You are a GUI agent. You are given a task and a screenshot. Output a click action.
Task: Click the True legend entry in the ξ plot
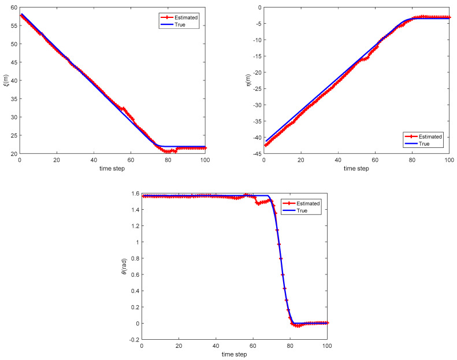(x=181, y=25)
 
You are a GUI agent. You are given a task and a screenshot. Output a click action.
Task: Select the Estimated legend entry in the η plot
(x=430, y=136)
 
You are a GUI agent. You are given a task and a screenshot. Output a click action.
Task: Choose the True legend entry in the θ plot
(x=303, y=211)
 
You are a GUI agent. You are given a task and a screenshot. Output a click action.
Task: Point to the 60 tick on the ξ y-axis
(x=14, y=7)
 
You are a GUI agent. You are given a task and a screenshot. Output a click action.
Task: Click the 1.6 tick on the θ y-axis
(x=135, y=193)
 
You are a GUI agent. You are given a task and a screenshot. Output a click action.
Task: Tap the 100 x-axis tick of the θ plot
(x=327, y=345)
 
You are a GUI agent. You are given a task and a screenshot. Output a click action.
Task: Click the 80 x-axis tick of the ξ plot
(x=168, y=159)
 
